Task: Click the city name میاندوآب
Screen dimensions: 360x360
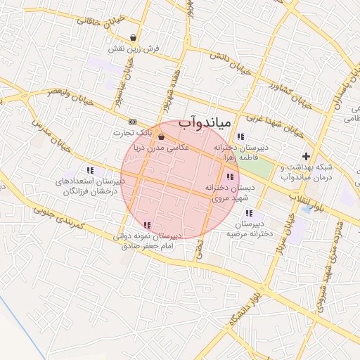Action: click(x=204, y=122)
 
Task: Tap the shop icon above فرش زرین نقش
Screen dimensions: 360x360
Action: click(x=134, y=38)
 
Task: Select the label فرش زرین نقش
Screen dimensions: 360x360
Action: click(x=134, y=50)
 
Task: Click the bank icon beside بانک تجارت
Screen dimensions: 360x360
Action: click(x=133, y=121)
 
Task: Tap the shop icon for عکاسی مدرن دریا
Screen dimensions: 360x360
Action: click(x=162, y=136)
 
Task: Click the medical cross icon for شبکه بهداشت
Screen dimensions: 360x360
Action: click(x=305, y=156)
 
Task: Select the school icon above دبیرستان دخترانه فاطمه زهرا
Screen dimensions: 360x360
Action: click(x=240, y=136)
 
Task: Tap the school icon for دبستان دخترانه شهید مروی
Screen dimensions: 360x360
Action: click(x=229, y=176)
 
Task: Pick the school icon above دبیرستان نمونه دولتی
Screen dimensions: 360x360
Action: click(x=147, y=225)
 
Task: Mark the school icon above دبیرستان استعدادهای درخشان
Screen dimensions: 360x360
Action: click(x=90, y=169)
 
